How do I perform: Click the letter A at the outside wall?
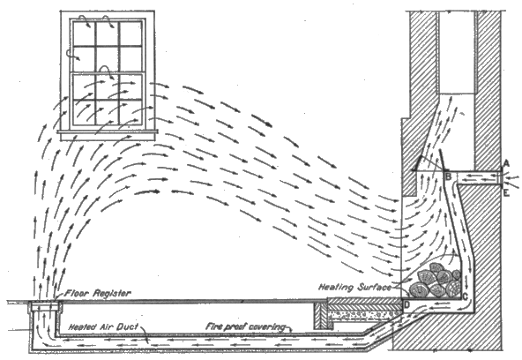click(x=506, y=163)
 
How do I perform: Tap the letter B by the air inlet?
click(x=448, y=176)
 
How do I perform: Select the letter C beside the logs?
click(x=465, y=296)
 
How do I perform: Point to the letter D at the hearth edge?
click(x=406, y=304)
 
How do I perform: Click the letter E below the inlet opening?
click(x=506, y=192)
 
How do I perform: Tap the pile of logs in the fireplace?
click(x=435, y=281)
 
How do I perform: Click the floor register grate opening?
click(x=45, y=303)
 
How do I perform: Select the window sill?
click(x=108, y=132)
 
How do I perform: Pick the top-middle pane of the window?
click(x=108, y=34)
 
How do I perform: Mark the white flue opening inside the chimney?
click(x=457, y=53)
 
